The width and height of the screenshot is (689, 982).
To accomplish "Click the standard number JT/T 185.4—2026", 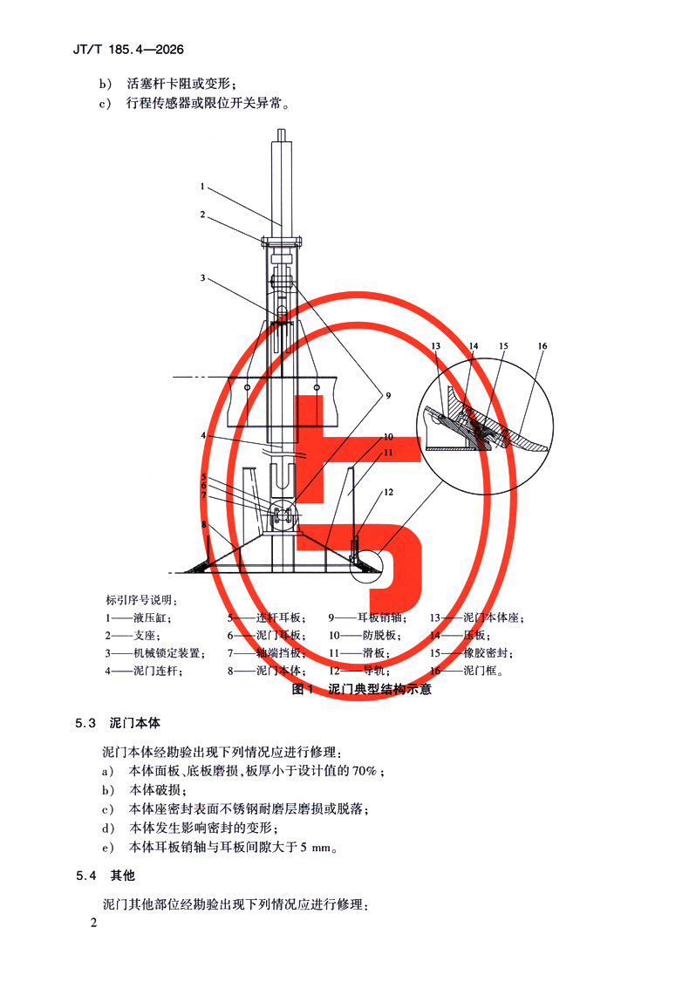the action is (128, 50).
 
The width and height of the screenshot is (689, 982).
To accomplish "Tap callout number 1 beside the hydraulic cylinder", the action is (201, 186).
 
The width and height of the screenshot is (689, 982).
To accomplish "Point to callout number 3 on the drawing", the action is (201, 278).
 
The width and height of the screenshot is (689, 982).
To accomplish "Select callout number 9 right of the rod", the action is (389, 395).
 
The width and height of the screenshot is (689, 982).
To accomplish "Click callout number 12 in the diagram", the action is (389, 492).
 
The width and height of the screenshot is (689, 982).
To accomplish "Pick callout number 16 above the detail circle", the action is (542, 346).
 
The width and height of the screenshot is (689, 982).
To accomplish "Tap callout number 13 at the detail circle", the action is (437, 346).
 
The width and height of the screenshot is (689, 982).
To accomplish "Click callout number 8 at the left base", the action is (203, 525).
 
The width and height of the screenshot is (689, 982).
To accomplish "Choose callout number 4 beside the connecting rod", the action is (201, 435).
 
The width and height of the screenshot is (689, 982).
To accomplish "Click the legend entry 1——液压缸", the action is (130, 617).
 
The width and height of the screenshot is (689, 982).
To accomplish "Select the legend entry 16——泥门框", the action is (467, 672).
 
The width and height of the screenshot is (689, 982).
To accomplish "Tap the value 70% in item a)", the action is (365, 771).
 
